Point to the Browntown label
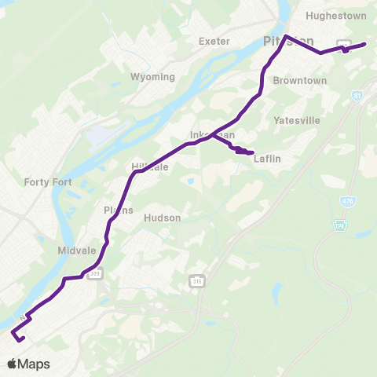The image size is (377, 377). [299, 81]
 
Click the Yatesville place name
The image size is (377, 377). [297, 120]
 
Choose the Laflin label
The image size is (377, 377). [268, 159]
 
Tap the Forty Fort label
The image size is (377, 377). [48, 182]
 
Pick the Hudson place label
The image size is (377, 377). [163, 218]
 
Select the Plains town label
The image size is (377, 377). [119, 210]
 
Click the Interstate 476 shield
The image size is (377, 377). [347, 202]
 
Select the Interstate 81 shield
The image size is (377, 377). [357, 96]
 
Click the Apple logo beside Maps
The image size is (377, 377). [12, 364]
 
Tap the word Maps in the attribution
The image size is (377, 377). [34, 364]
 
